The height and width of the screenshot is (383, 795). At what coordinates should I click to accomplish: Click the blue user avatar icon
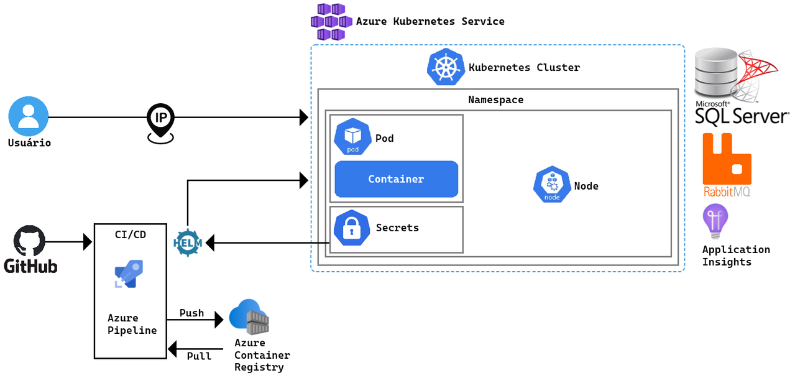coord(28,116)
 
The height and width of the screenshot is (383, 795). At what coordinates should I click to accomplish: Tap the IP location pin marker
coord(160,122)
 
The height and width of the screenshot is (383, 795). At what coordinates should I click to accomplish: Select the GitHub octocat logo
coord(30,242)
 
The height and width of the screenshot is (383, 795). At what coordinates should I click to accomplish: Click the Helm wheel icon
coord(188,241)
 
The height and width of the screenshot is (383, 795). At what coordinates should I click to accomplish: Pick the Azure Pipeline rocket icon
coord(129,274)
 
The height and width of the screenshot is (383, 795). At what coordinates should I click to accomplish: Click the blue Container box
coord(396,179)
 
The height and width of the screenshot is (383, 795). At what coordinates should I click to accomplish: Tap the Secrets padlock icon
coord(352,229)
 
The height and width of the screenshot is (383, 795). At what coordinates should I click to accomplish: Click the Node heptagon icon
coord(552,184)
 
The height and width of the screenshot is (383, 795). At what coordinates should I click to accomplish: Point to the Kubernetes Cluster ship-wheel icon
coord(446,67)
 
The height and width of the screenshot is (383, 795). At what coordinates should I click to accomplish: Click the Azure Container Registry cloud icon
coord(249,318)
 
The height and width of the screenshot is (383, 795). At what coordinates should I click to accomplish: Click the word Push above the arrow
coord(191,313)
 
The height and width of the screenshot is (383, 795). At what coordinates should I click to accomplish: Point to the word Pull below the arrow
coord(199,356)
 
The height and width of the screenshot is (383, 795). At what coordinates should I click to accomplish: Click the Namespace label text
coord(495,99)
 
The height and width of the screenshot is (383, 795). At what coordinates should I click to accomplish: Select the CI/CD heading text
coord(131,234)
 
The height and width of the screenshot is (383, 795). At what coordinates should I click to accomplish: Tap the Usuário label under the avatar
coord(29,143)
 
